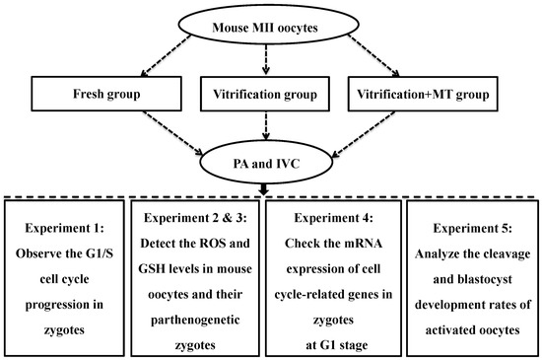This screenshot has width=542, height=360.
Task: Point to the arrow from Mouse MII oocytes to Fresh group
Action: [x=166, y=55]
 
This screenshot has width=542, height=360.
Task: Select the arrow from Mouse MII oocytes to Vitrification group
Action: [x=265, y=59]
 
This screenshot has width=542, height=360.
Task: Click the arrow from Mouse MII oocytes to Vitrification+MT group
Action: [x=373, y=55]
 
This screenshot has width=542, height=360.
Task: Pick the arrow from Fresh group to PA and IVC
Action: [x=172, y=133]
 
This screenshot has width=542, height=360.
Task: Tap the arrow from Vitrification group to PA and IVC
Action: [x=265, y=125]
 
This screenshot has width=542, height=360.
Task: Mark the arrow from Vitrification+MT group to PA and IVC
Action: [x=363, y=134]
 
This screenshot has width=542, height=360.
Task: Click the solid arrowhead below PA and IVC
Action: [x=264, y=189]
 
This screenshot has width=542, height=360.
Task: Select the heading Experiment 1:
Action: [x=64, y=228]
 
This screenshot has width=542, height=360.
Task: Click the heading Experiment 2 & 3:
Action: [x=195, y=218]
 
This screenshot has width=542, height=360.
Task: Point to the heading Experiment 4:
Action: [x=333, y=218]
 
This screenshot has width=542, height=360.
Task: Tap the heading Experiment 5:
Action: [x=472, y=228]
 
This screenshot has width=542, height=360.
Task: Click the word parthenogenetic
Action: [x=195, y=320]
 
